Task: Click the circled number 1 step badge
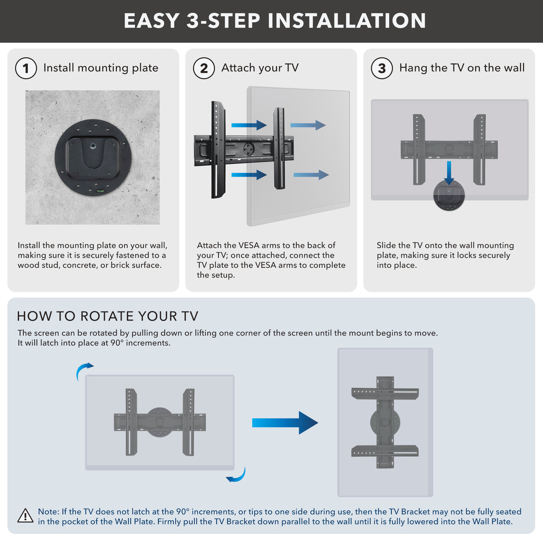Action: click(x=26, y=68)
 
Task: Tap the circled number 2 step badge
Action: click(x=204, y=68)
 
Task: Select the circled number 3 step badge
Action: click(x=382, y=68)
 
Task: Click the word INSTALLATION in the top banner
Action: click(x=347, y=21)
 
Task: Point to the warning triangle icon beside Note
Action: click(x=25, y=516)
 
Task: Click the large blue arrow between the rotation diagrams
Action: click(x=285, y=423)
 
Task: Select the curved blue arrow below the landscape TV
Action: click(x=237, y=475)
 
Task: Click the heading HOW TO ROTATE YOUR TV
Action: click(x=107, y=316)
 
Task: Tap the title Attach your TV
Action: click(x=260, y=68)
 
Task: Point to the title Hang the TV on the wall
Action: click(x=462, y=68)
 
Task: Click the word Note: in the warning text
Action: click(x=48, y=511)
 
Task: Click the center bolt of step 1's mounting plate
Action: click(x=93, y=145)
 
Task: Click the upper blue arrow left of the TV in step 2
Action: click(x=249, y=125)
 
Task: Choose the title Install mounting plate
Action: click(x=101, y=68)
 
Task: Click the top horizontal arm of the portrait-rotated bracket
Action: click(x=385, y=393)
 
